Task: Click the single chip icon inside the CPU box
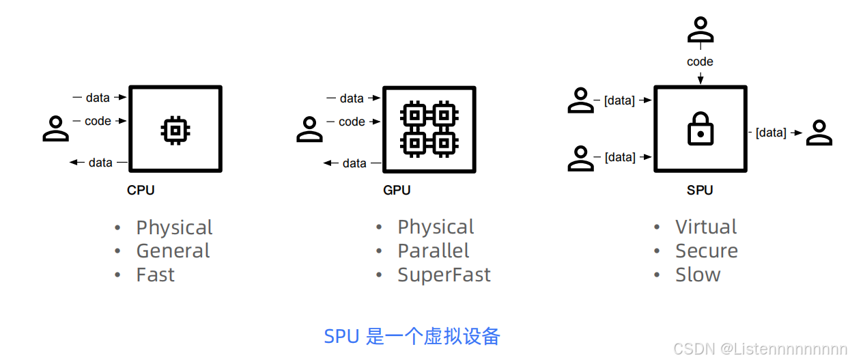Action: click(x=175, y=128)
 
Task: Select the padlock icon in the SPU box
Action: click(x=700, y=128)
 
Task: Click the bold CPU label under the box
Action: click(x=141, y=191)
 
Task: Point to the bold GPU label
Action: click(x=397, y=191)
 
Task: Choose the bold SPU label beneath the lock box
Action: click(x=700, y=191)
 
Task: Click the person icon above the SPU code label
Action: click(x=700, y=31)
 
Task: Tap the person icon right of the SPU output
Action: click(x=819, y=133)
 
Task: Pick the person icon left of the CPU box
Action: click(x=56, y=128)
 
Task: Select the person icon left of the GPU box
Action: click(x=309, y=129)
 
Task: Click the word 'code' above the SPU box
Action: click(x=700, y=61)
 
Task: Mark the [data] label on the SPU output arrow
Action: click(x=771, y=133)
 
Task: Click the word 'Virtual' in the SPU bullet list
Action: click(x=706, y=227)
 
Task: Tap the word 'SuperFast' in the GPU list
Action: click(x=444, y=275)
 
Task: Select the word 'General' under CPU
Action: click(x=173, y=251)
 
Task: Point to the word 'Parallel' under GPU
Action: click(x=434, y=251)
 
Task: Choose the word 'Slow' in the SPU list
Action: click(x=698, y=275)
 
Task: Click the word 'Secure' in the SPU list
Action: click(x=707, y=251)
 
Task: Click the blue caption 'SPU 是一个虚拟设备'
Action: click(x=412, y=336)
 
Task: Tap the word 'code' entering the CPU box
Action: click(x=98, y=121)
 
